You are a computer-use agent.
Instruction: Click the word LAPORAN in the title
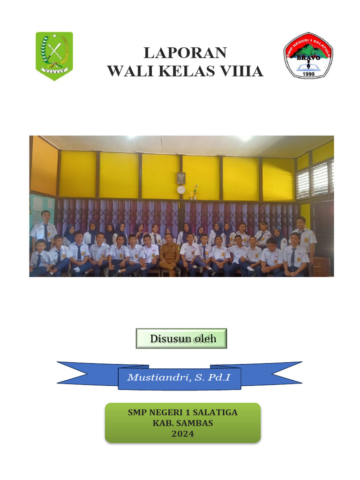(x=185, y=52)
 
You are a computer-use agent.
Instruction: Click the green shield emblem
(x=54, y=56)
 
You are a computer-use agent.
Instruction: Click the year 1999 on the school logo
(x=308, y=74)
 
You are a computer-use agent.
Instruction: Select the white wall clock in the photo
(x=181, y=189)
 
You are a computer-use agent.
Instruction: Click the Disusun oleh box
(x=181, y=338)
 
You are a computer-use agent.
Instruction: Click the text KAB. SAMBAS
(x=182, y=423)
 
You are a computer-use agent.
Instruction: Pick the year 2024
(x=182, y=434)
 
